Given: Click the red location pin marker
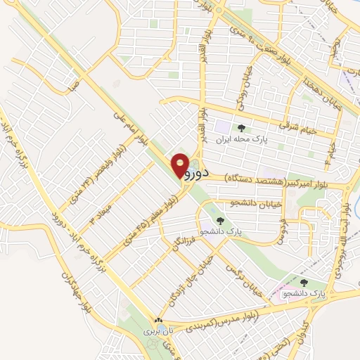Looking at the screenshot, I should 181,164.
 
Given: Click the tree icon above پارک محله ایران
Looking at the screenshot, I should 241,128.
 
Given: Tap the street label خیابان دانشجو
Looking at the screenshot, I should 233,202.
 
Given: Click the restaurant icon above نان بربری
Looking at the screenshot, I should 159,321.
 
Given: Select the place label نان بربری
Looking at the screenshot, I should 159,330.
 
